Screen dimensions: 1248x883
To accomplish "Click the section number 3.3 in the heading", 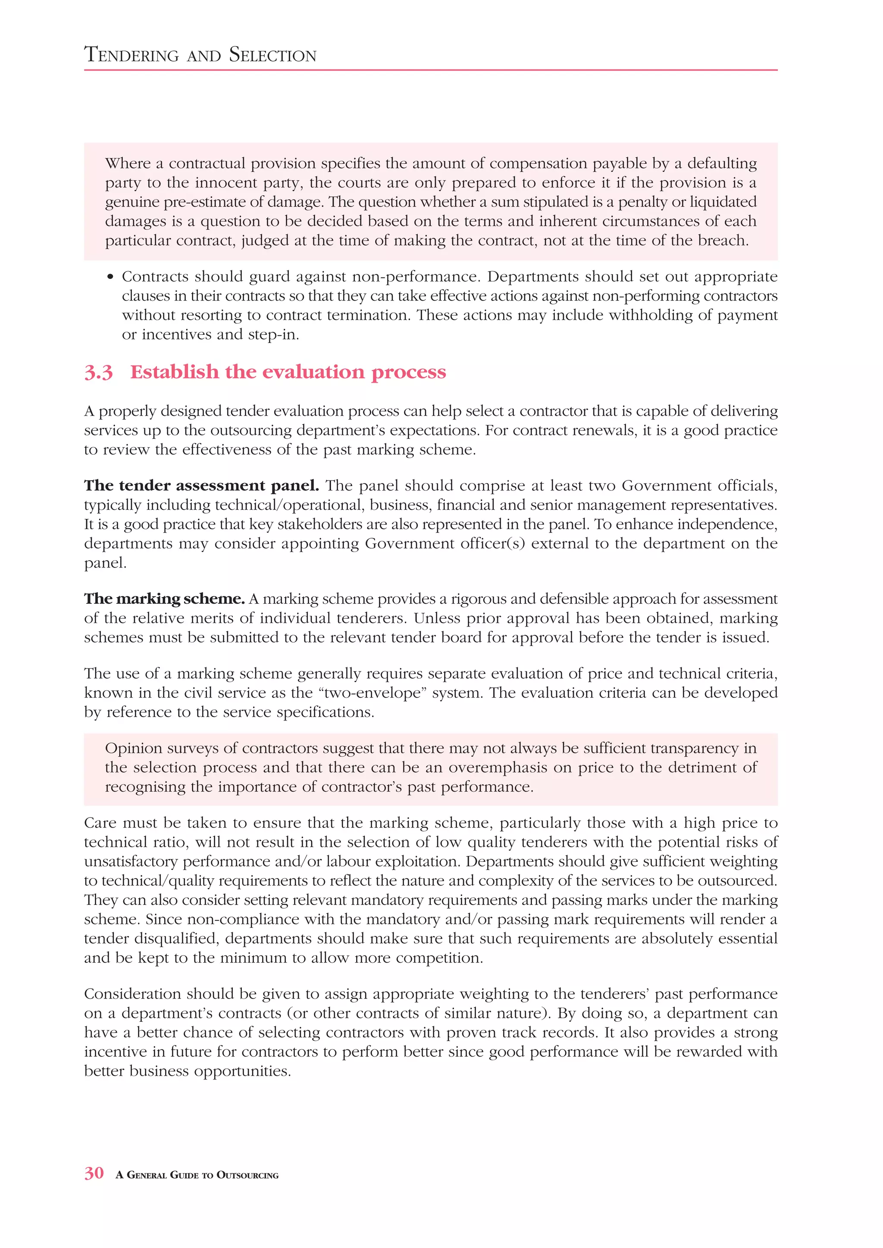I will click(98, 372).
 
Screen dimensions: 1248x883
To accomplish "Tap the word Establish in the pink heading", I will click(174, 372).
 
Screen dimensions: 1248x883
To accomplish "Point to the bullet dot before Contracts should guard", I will click(110, 277).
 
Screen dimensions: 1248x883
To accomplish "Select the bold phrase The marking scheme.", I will click(164, 599).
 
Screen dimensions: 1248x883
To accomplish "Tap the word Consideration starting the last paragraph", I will click(133, 994).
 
